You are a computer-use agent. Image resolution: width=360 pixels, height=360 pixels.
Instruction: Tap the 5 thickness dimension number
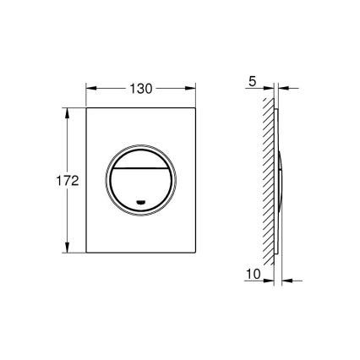(253, 84)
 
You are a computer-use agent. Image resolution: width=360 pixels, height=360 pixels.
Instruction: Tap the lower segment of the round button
(139, 188)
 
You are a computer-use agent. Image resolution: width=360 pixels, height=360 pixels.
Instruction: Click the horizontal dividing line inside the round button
(139, 168)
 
